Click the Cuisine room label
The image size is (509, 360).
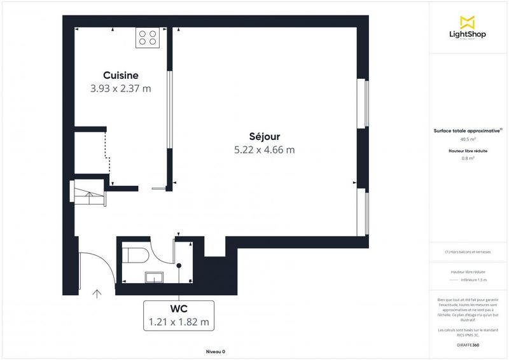pyautogui.click(x=121, y=76)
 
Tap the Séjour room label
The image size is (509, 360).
pyautogui.click(x=265, y=137)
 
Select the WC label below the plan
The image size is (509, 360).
pyautogui.click(x=178, y=309)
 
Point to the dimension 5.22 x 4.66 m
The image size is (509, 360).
pyautogui.click(x=265, y=150)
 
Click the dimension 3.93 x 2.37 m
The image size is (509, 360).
pyautogui.click(x=121, y=89)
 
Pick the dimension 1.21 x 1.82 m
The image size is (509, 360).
pyautogui.click(x=178, y=322)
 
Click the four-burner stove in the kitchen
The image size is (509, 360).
pyautogui.click(x=148, y=38)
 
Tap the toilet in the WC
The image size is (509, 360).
pyautogui.click(x=136, y=256)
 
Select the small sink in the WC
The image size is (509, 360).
pyautogui.click(x=155, y=277)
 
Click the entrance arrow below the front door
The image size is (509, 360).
pyautogui.click(x=97, y=294)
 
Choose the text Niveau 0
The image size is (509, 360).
pyautogui.click(x=215, y=351)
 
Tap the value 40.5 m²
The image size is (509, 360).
pyautogui.click(x=468, y=139)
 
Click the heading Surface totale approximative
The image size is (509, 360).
pyautogui.click(x=468, y=131)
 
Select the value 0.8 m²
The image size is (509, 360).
pyautogui.click(x=468, y=158)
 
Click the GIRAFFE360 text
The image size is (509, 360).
pyautogui.click(x=468, y=344)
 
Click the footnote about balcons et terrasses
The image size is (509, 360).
pyautogui.click(x=468, y=252)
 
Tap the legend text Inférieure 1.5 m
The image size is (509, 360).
pyautogui.click(x=474, y=280)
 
